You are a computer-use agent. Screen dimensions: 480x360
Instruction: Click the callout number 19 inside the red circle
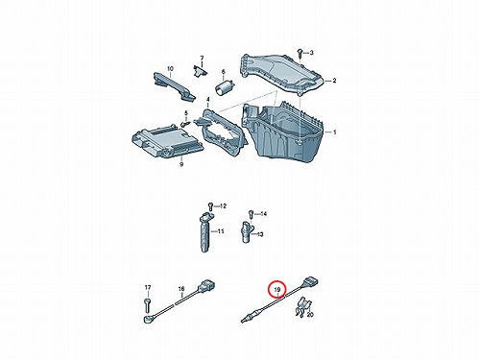pyautogui.click(x=277, y=290)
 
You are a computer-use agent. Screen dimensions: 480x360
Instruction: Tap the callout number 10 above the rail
pyautogui.click(x=170, y=69)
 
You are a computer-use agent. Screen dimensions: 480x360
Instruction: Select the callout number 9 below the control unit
pyautogui.click(x=181, y=165)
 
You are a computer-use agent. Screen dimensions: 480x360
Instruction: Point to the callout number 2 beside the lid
pyautogui.click(x=334, y=81)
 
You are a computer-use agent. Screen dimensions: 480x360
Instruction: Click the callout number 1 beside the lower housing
pyautogui.click(x=335, y=132)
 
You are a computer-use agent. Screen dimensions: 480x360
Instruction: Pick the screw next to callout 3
pyautogui.click(x=300, y=52)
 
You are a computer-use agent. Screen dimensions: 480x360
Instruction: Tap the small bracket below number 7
pyautogui.click(x=199, y=71)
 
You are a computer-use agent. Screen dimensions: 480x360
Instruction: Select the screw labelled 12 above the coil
pyautogui.click(x=210, y=205)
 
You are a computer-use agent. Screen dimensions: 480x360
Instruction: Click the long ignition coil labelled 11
pyautogui.click(x=205, y=233)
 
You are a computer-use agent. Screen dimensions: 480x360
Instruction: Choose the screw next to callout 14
pyautogui.click(x=252, y=213)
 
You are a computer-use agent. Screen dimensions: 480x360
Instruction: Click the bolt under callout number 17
pyautogui.click(x=147, y=302)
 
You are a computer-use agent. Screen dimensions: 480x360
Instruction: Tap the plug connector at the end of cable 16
pyautogui.click(x=206, y=285)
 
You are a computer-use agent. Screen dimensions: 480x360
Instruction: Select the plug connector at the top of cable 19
pyautogui.click(x=310, y=281)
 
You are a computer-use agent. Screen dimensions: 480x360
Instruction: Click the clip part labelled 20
pyautogui.click(x=302, y=306)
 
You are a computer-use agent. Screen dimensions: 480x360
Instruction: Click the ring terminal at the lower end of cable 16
pyautogui.click(x=148, y=319)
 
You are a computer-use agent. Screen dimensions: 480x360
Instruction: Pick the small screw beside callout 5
pyautogui.click(x=185, y=123)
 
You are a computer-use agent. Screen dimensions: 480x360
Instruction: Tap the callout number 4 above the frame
pyautogui.click(x=207, y=100)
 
